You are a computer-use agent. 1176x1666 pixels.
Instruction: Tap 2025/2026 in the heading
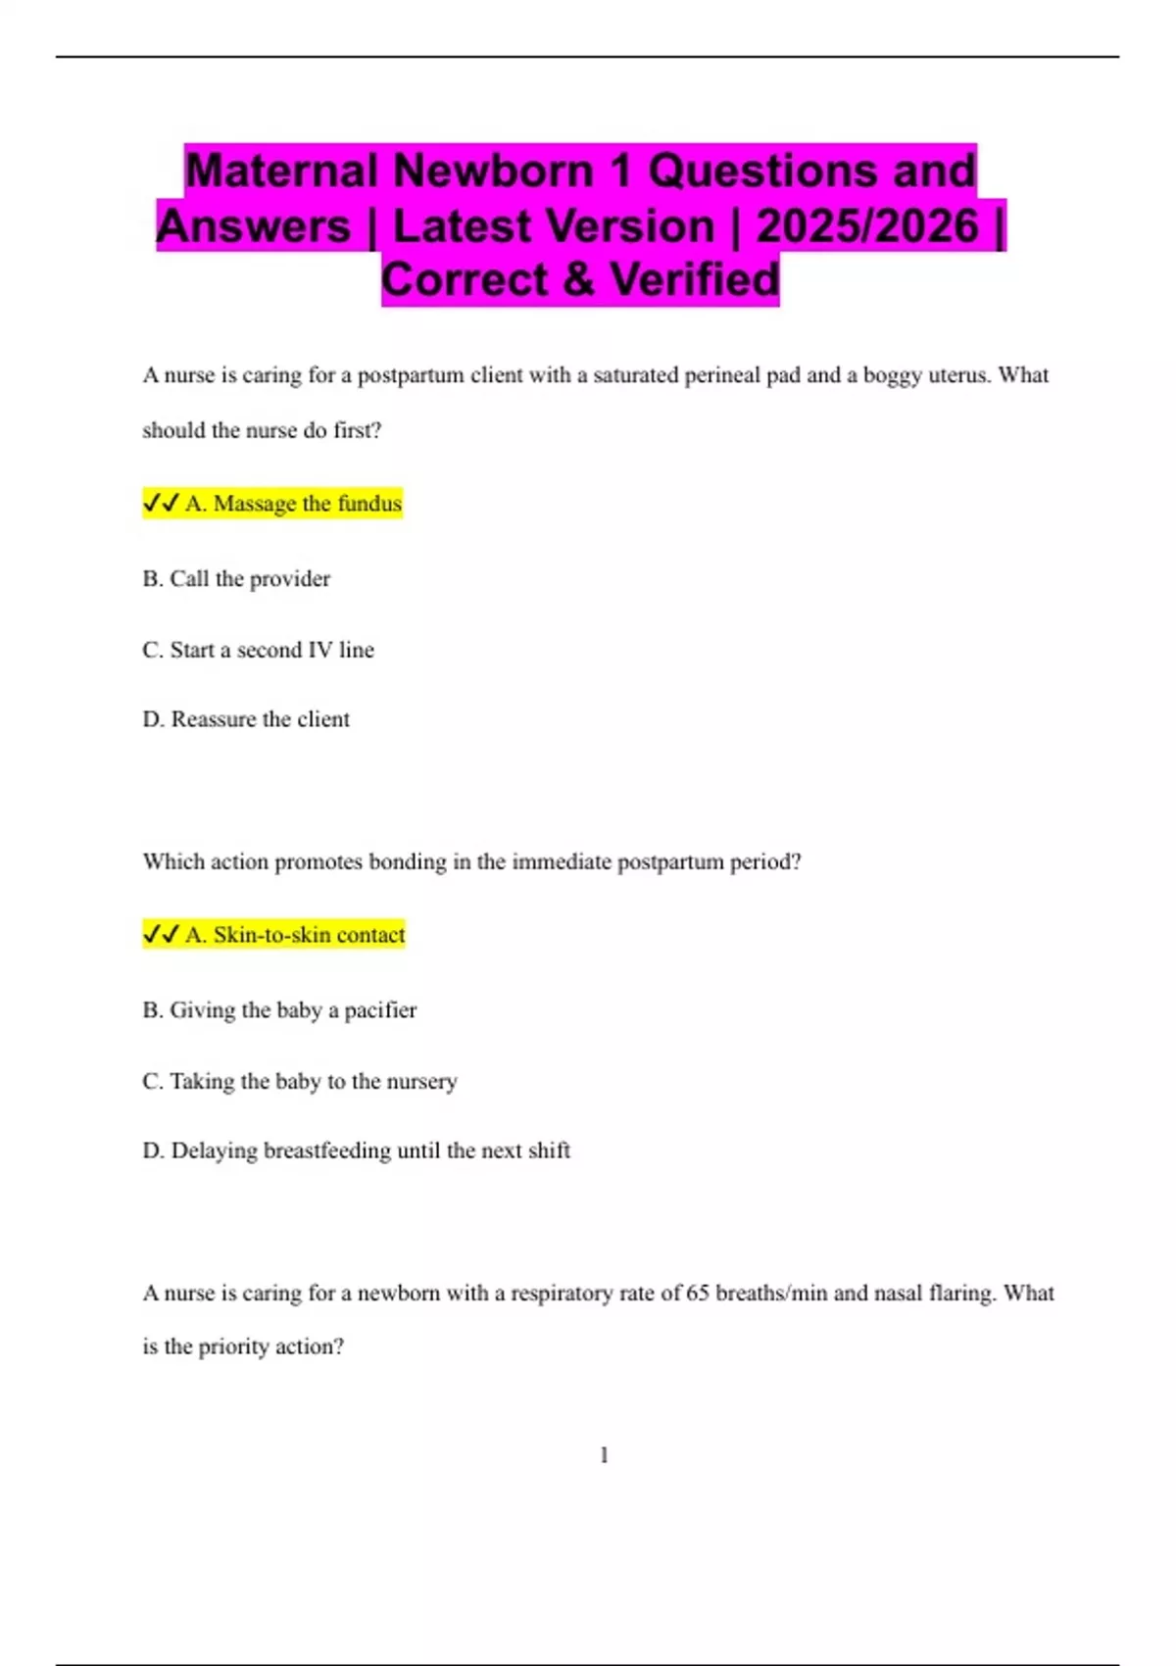(x=866, y=225)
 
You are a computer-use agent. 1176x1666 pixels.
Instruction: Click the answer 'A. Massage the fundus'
(x=293, y=504)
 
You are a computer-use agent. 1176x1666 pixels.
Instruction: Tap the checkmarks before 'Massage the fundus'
(x=161, y=504)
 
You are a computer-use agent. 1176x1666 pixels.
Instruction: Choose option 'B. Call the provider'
(x=236, y=579)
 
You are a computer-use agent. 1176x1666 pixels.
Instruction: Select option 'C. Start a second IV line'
(x=258, y=650)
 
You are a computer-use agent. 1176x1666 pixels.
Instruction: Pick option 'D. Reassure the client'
(x=246, y=719)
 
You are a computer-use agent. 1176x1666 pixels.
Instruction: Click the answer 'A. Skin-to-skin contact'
(x=295, y=935)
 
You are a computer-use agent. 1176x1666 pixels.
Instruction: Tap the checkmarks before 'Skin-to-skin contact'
(x=161, y=935)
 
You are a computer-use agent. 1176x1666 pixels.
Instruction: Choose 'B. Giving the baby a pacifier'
(x=279, y=1010)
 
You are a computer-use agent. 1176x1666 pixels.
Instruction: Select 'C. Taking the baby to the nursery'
(x=300, y=1082)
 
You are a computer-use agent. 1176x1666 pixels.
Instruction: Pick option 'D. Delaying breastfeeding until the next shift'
(x=356, y=1151)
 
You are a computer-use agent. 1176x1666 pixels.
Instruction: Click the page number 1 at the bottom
(x=604, y=1455)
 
